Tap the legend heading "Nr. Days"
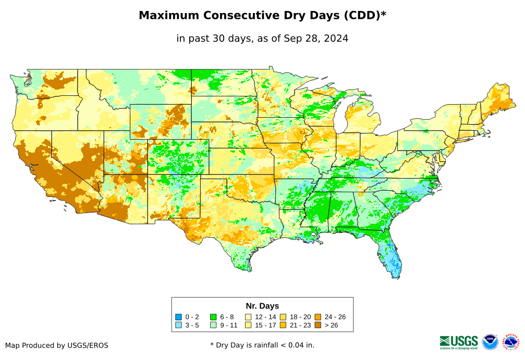[262, 306]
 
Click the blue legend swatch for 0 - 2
[178, 317]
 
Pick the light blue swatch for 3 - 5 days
[178, 326]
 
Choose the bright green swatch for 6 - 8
[214, 317]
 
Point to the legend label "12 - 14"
[264, 317]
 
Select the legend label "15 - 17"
[264, 326]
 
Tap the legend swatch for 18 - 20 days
[283, 317]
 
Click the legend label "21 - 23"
[299, 326]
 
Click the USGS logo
[459, 342]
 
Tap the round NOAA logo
[490, 342]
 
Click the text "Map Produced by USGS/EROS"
[57, 345]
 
